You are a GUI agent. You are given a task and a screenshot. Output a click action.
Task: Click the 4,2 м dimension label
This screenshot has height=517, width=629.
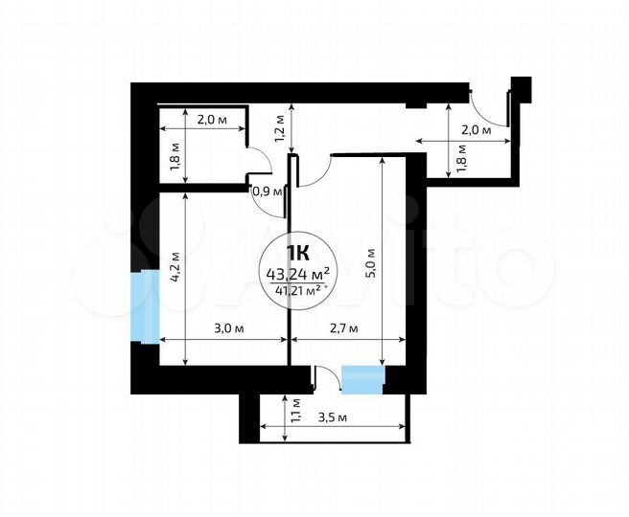click(175, 265)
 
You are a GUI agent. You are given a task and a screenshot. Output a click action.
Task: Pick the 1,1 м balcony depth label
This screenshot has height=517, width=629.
click(296, 412)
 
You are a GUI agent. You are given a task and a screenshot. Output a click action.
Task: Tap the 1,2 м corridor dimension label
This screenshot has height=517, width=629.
click(281, 127)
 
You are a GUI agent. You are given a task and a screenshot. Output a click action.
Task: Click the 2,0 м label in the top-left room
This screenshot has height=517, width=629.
click(211, 121)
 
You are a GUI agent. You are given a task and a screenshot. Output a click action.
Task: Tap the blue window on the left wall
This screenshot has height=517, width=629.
click(146, 306)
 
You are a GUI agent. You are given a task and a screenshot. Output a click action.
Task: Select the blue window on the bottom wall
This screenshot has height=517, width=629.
click(362, 379)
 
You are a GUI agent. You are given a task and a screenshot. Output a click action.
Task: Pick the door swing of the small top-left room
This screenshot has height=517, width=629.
click(258, 163)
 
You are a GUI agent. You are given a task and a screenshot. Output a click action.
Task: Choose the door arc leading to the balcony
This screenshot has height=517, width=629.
click(326, 375)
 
